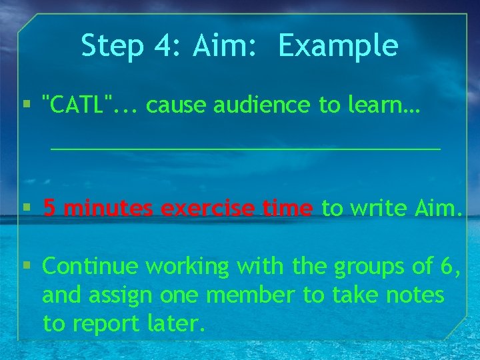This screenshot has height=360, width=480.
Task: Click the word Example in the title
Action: (x=338, y=47)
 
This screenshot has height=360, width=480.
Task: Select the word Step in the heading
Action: (x=111, y=47)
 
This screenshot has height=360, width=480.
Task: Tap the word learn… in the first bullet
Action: (x=381, y=105)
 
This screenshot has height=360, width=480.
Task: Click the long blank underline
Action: (x=245, y=147)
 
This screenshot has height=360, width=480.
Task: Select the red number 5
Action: (x=49, y=209)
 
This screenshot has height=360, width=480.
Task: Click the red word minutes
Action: (x=109, y=209)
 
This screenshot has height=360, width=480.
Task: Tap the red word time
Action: (x=287, y=209)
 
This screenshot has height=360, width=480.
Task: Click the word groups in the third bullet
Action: (x=372, y=268)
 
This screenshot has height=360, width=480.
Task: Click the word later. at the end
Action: (x=174, y=324)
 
